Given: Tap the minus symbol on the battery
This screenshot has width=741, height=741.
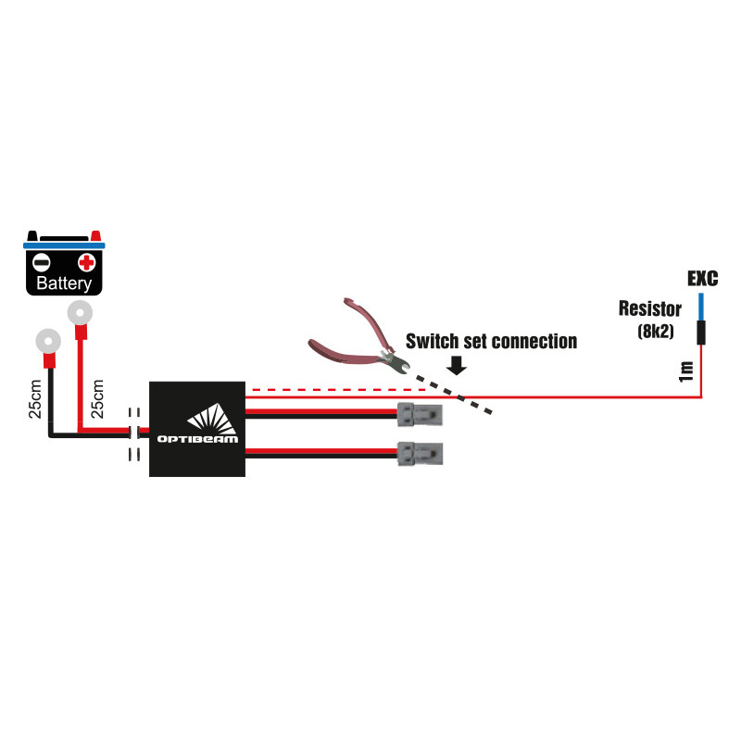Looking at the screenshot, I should click(43, 262).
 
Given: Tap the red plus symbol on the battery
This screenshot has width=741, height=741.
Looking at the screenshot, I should click(87, 262).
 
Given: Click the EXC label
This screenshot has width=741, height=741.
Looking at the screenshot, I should click(703, 278).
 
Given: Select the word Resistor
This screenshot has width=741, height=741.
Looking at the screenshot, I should click(650, 308).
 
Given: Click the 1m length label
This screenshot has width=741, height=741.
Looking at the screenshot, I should click(685, 371).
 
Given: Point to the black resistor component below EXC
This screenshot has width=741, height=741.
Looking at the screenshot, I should click(701, 332).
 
